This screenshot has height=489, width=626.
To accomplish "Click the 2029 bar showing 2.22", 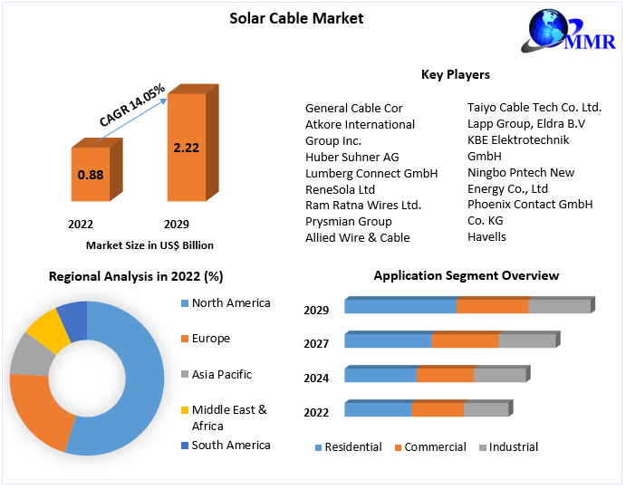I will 186,148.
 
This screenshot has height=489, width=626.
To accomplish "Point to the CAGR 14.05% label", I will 132,106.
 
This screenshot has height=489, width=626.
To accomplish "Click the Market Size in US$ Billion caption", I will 149,244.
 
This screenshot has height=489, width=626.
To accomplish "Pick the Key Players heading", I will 456,74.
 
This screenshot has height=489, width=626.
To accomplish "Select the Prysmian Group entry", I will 348,221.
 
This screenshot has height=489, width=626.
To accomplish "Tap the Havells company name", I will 486,236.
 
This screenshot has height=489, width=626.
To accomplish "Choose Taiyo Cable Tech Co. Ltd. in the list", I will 534,107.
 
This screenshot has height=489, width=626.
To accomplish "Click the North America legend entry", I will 230,303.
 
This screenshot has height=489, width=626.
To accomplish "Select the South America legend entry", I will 230,445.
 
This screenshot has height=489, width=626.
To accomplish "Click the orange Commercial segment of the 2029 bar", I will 492,306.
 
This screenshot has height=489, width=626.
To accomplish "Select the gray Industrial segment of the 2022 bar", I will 486,409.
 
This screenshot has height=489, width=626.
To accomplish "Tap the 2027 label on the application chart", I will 316,343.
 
